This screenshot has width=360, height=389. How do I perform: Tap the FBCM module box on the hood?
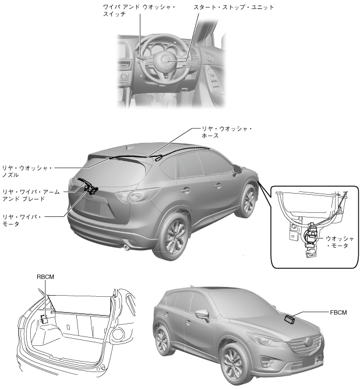pos(290,318)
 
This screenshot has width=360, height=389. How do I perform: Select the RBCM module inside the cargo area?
pos(44,320)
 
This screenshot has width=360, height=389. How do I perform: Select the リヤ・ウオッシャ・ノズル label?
pos(26,171)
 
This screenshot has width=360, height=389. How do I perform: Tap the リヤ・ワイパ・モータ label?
pos(22,219)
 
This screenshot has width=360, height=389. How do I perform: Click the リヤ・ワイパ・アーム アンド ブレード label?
pos(29,194)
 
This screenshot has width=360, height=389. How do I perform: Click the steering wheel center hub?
pos(164,58)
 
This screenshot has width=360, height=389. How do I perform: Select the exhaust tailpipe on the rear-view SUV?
pos(127,249)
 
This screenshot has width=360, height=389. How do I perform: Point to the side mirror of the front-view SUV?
pos(202,315)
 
